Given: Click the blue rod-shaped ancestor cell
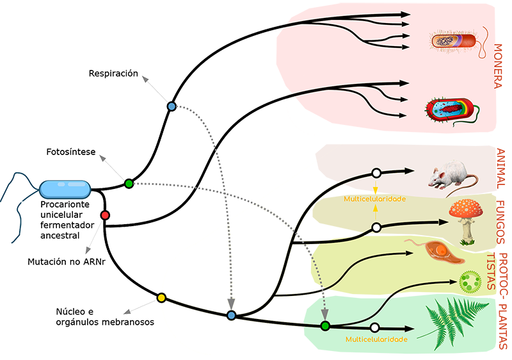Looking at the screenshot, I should point(65,189).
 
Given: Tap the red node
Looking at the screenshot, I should point(105,215).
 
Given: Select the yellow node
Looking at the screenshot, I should point(162,298).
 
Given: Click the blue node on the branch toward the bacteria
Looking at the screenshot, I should point(172,106).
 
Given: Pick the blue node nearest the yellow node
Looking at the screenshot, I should point(232,315).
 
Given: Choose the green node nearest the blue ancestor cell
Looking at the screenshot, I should point(129,184).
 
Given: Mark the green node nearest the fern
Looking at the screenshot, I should point(325,326).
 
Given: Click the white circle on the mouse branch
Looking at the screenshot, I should point(376,173).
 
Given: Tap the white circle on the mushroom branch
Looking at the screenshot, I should point(376,227).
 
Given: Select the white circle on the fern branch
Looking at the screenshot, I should point(374,327).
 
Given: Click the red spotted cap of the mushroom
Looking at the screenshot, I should point(465,208).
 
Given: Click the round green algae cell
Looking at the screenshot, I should point(470,281).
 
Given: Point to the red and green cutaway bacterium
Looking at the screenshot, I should point(451,110).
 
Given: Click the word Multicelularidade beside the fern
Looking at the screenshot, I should point(376,340).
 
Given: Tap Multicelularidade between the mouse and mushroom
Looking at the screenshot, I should point(375,199).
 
